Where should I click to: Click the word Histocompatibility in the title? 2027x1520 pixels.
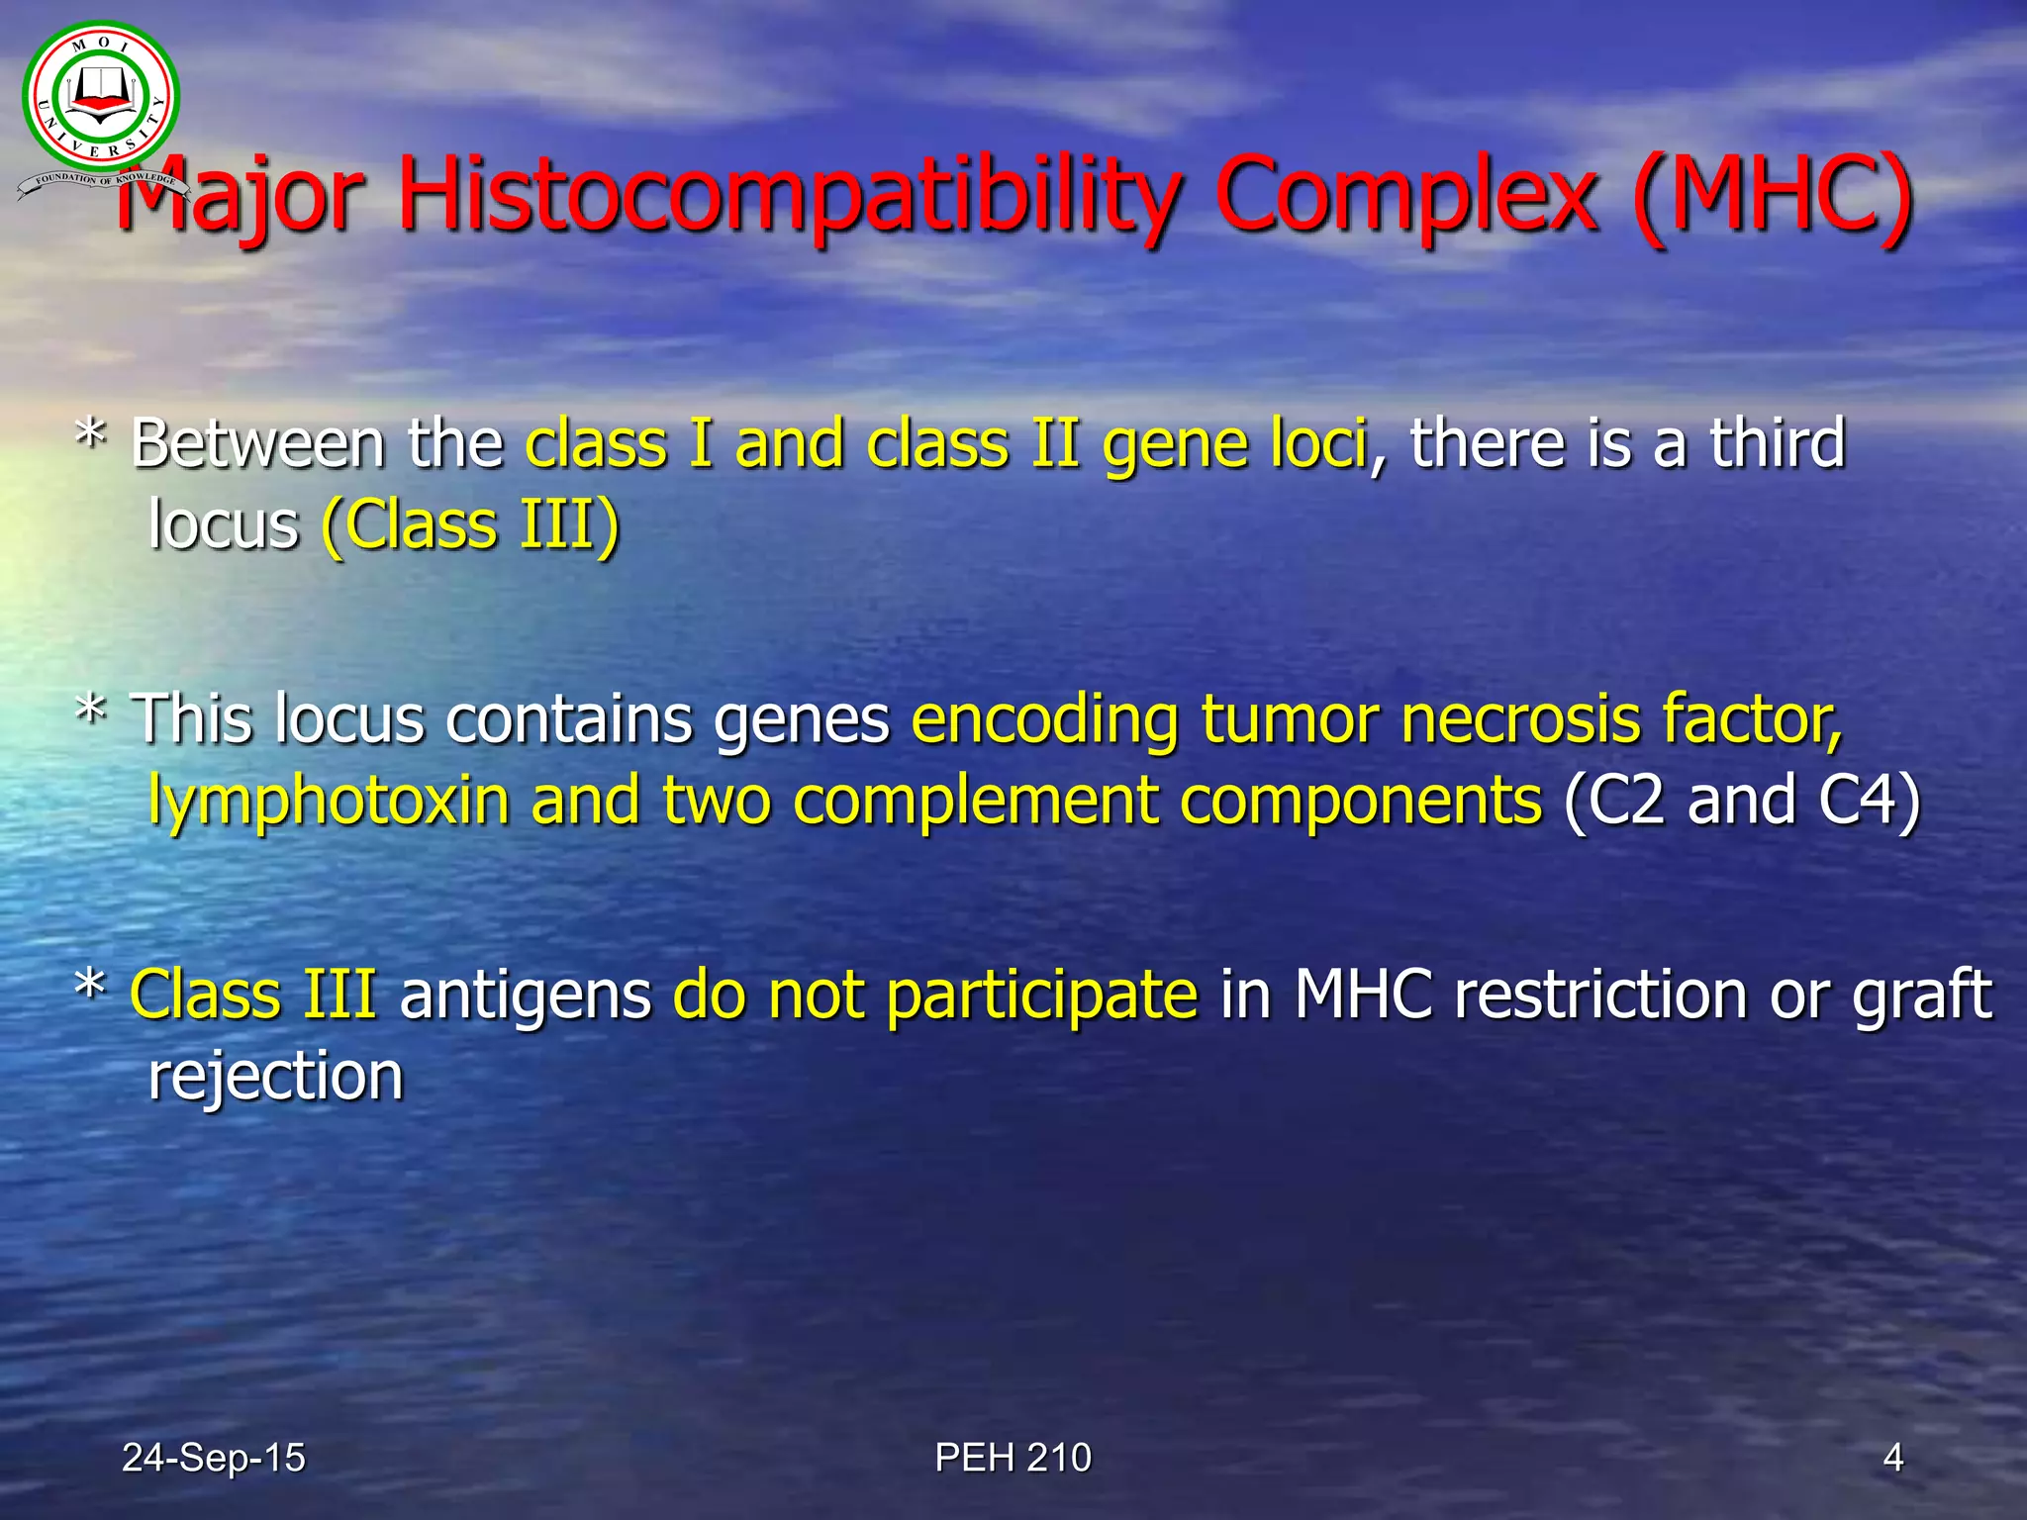[790, 195]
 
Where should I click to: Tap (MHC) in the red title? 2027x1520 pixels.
[1772, 195]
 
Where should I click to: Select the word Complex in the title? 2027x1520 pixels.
[1406, 195]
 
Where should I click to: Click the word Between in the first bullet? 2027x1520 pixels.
[257, 443]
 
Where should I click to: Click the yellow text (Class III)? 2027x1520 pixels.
[471, 524]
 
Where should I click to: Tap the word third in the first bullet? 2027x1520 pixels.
[1777, 443]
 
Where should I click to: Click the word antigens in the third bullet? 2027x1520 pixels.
[525, 995]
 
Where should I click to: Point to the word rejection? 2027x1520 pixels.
[275, 1077]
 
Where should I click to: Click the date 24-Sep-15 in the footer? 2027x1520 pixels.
[213, 1458]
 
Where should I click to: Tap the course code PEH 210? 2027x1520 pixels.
[1013, 1458]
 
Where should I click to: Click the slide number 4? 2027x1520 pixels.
[1892, 1458]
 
